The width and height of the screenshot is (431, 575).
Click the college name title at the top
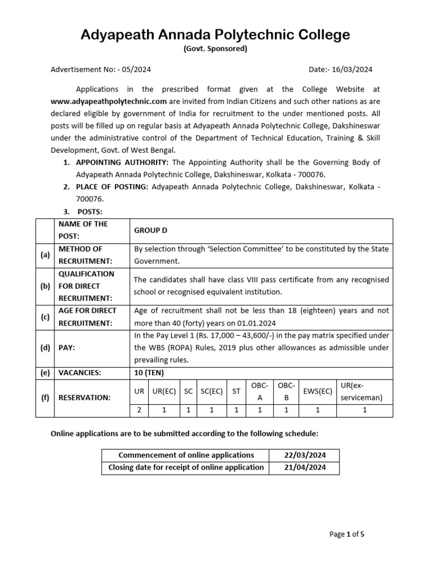pos(215,35)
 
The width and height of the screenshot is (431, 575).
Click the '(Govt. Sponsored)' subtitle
pos(215,49)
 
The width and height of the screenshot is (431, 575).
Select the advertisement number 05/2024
pos(134,70)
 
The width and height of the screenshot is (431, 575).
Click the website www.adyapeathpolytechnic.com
pos(109,102)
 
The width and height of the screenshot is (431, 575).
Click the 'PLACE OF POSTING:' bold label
pos(112,186)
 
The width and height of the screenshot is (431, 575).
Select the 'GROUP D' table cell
pos(150,231)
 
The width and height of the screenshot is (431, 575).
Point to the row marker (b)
pos(45,286)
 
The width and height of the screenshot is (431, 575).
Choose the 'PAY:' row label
pos(68,348)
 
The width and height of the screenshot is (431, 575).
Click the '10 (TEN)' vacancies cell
pos(149,372)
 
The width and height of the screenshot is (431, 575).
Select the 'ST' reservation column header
pos(236,391)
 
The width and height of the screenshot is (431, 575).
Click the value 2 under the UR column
pos(139,410)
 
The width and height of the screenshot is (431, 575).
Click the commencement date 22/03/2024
pos(305,455)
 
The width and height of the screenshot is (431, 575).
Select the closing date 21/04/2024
pos(305,468)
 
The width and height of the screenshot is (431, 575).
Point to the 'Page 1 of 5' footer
pos(347,534)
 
